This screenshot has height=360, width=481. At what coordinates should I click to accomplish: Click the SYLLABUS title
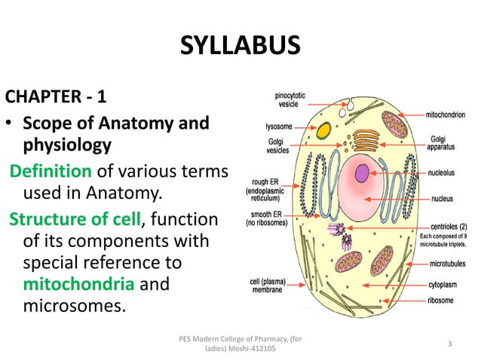(240, 46)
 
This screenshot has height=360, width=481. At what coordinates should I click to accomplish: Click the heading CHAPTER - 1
(51, 98)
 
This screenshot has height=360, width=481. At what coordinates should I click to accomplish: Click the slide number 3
(449, 343)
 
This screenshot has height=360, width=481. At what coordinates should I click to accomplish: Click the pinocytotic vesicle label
(291, 101)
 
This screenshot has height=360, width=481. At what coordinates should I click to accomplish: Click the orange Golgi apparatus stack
(366, 140)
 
